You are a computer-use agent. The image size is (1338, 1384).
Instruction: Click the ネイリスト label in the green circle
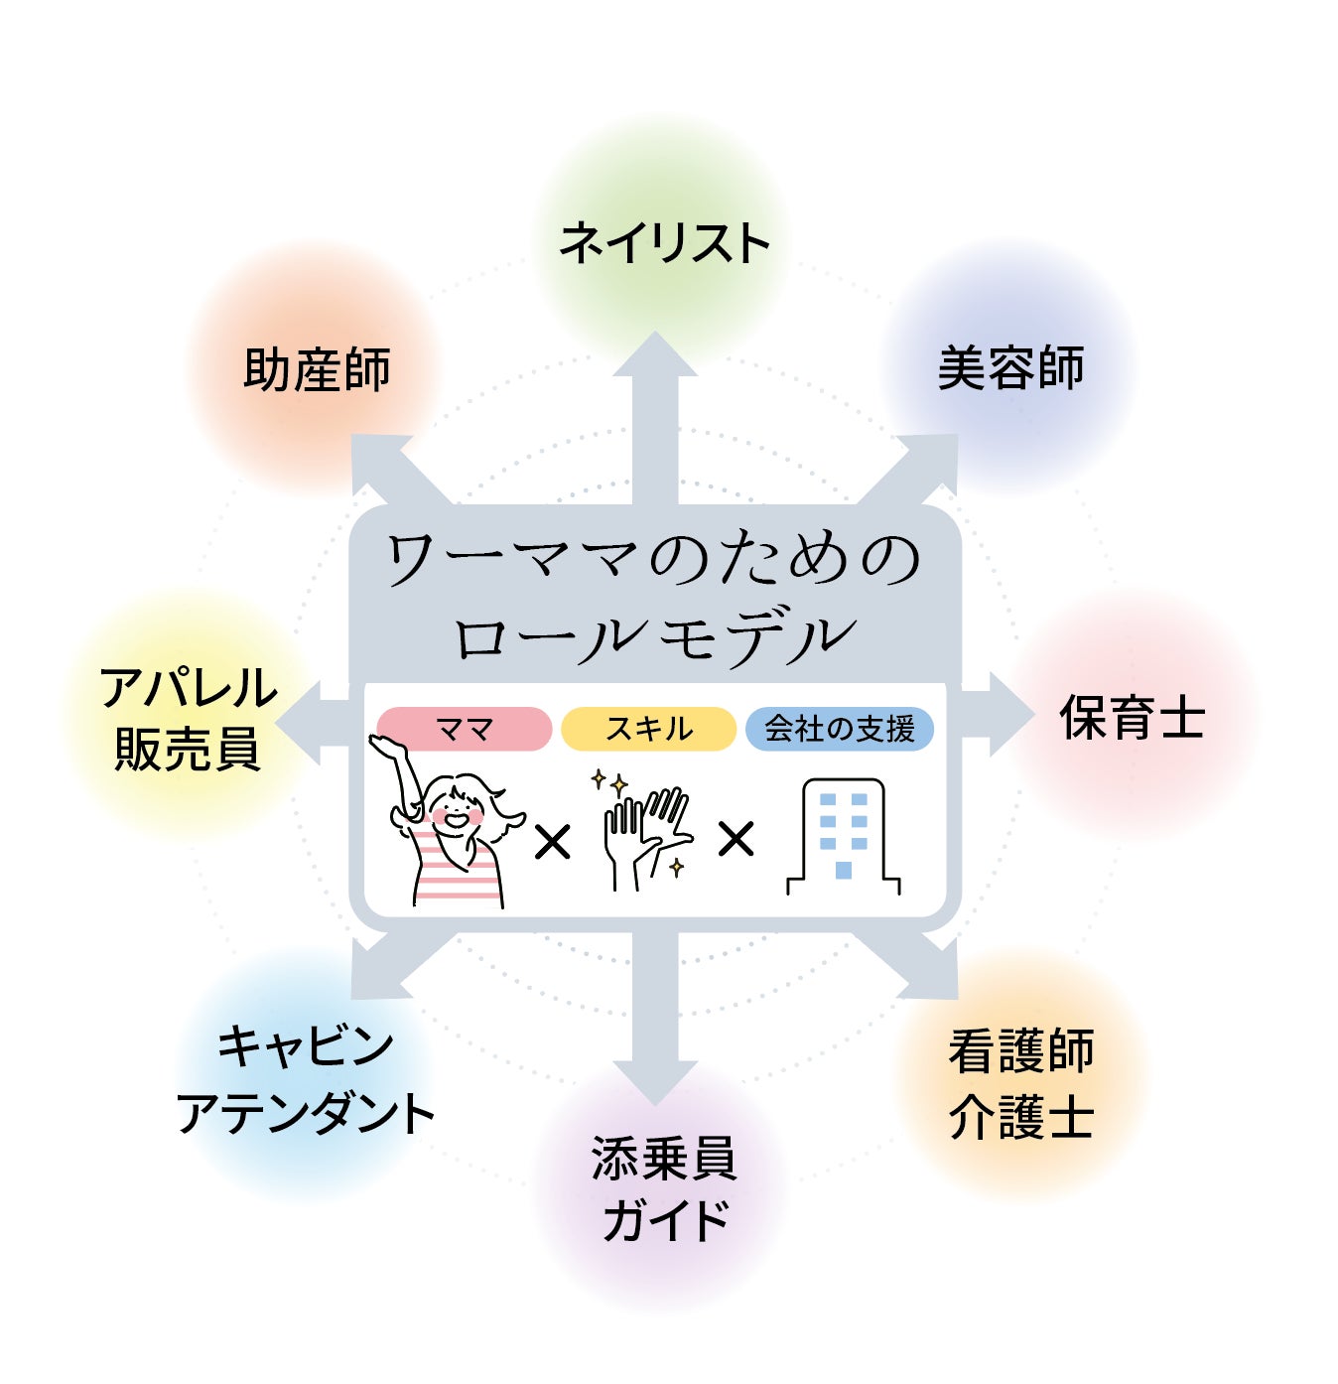[664, 244]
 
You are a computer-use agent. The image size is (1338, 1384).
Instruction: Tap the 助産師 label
[317, 369]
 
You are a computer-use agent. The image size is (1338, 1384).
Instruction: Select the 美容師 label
[1010, 368]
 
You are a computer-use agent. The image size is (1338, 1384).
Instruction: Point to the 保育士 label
[1133, 718]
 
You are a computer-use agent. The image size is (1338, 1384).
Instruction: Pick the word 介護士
[1021, 1117]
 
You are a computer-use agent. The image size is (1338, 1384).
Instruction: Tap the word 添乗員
[664, 1159]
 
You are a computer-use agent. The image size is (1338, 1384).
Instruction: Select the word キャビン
[306, 1046]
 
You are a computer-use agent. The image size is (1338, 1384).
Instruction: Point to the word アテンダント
[306, 1114]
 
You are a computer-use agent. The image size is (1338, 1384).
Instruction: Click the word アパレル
[189, 688]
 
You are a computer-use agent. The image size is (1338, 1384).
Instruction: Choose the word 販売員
[188, 750]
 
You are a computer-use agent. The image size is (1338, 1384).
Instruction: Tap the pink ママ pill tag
[465, 730]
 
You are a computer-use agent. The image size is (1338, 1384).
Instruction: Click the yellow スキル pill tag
[649, 730]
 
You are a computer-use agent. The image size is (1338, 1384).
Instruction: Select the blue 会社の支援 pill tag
[840, 730]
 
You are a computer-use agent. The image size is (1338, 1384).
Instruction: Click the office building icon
[844, 837]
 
